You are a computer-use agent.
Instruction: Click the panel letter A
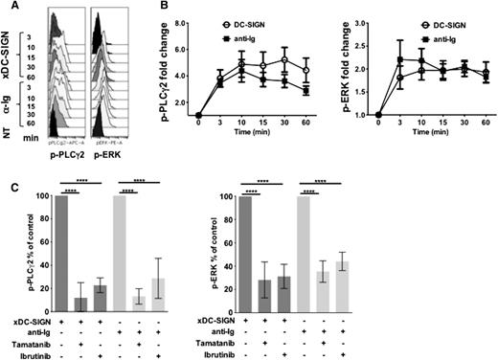[x=8, y=8]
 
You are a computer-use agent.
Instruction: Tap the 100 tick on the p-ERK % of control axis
[x=285, y=196]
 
